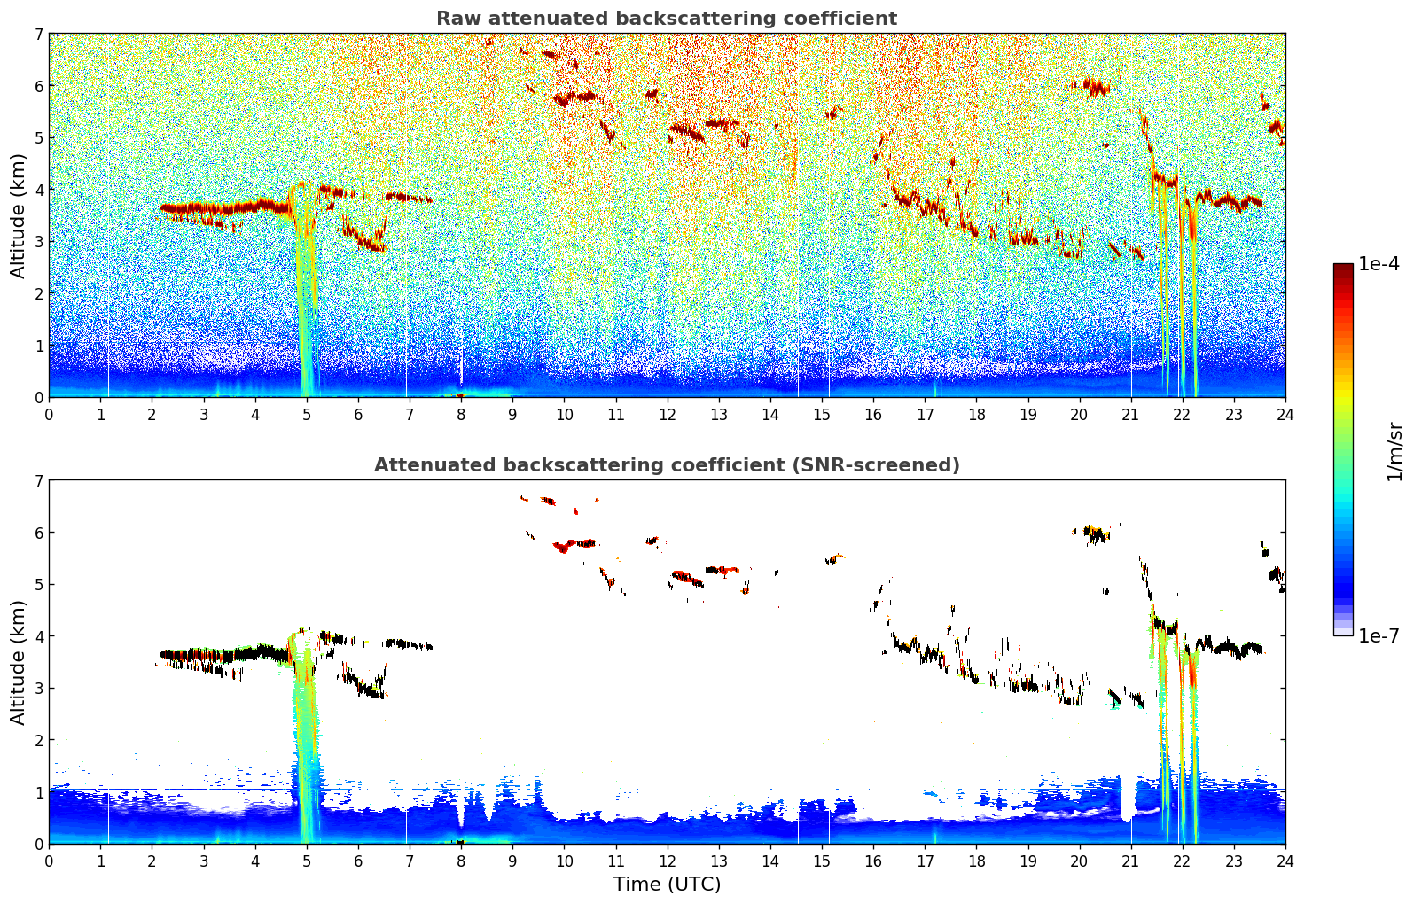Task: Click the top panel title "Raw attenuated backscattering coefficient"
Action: (x=667, y=19)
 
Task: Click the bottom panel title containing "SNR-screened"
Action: (x=667, y=464)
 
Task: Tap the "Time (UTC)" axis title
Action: (x=667, y=884)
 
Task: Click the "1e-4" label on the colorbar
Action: (x=1379, y=264)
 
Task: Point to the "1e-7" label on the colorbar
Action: (x=1379, y=635)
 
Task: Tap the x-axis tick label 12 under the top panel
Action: (x=668, y=415)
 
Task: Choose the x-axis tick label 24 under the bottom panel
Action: (x=1285, y=861)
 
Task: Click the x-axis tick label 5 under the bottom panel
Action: (x=307, y=861)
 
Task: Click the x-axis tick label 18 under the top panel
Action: (x=977, y=415)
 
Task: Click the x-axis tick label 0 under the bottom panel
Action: (x=50, y=861)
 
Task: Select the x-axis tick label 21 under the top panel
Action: (x=1130, y=415)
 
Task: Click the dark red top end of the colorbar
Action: (x=1343, y=267)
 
